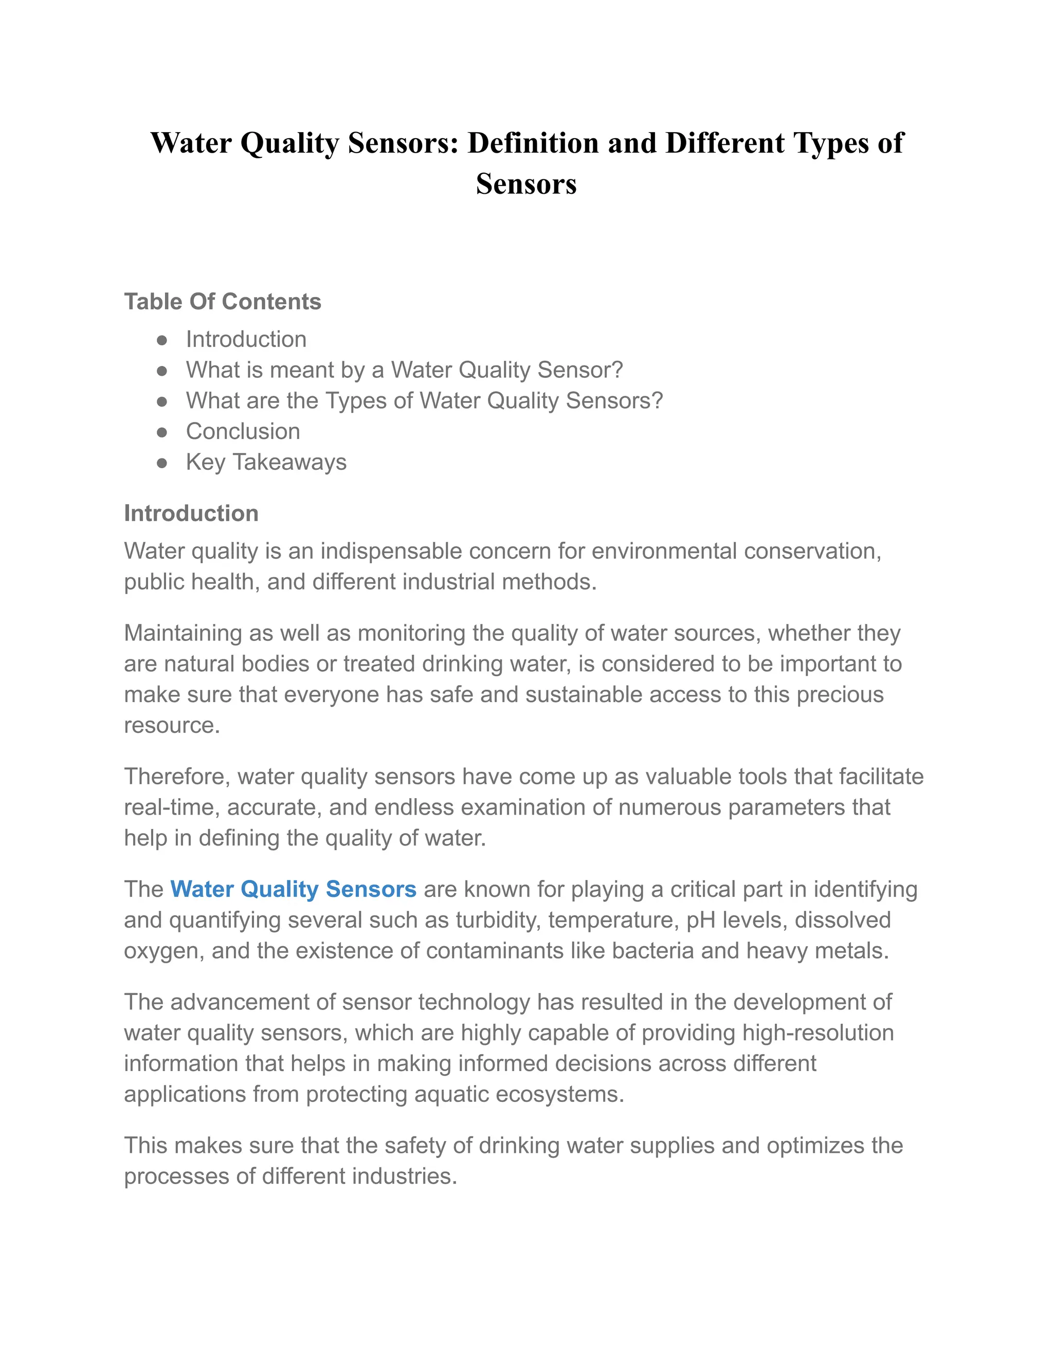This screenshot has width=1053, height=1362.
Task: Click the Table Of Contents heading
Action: coord(222,302)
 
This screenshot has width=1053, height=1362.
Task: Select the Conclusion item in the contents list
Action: coord(243,432)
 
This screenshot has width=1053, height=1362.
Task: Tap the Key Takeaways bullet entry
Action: coord(266,462)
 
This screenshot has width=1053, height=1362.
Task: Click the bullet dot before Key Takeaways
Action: coord(162,463)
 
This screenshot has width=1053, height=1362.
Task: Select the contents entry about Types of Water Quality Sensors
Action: coord(424,400)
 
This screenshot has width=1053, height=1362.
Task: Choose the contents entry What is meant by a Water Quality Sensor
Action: coord(404,370)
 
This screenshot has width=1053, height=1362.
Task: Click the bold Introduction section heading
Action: coord(191,513)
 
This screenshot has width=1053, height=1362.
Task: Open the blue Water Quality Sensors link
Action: coord(293,889)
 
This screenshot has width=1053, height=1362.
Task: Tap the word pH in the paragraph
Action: coord(701,920)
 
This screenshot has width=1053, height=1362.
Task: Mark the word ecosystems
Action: coord(560,1094)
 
